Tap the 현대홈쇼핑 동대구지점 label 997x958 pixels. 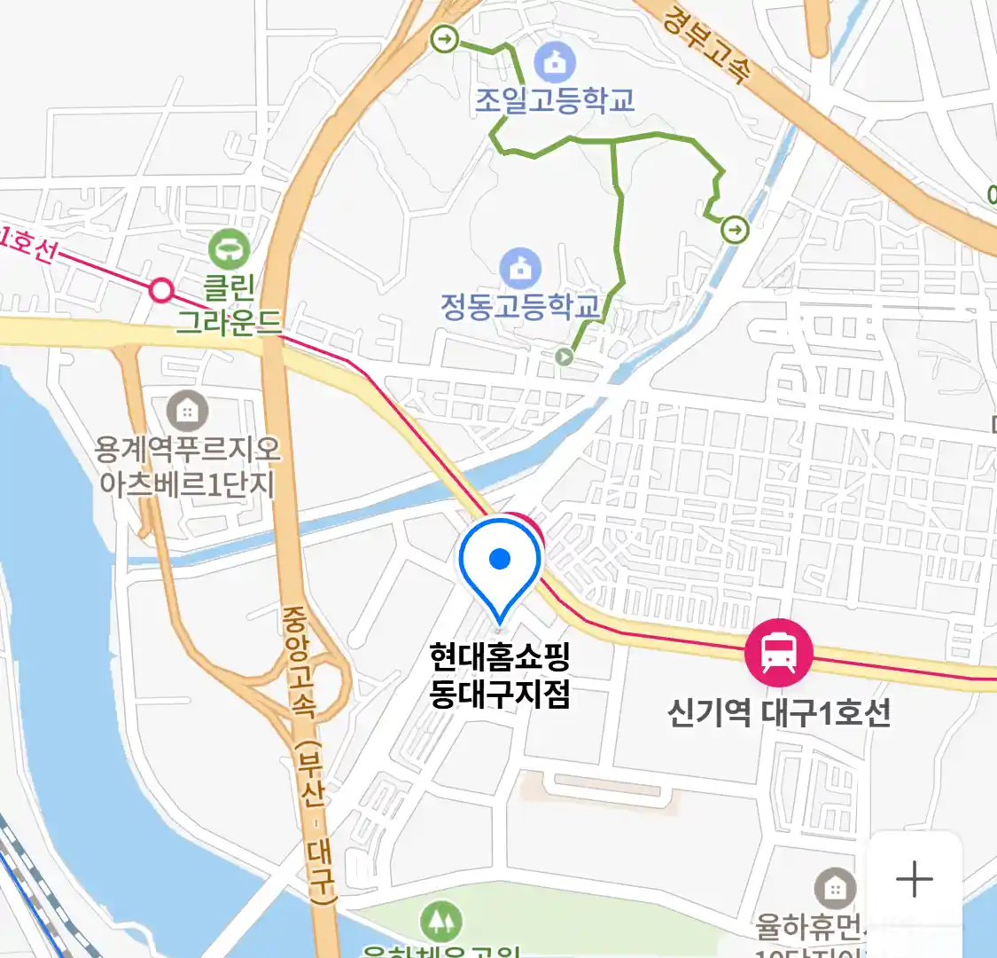point(499,675)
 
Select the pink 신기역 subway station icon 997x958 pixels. point(778,653)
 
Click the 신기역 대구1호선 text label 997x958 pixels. point(778,712)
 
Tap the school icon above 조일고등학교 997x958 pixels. point(555,62)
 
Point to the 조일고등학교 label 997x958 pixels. point(555,100)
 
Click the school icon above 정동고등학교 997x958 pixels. point(520,267)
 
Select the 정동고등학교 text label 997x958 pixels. point(520,306)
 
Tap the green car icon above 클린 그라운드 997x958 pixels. point(230,249)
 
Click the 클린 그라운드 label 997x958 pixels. point(229,304)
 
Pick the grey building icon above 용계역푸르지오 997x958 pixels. point(187,412)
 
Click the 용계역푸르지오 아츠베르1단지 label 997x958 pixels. point(187,467)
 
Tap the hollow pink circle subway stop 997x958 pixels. point(161,290)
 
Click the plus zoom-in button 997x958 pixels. point(914,880)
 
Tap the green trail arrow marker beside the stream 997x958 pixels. point(735,230)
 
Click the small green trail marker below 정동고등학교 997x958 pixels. point(564,357)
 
